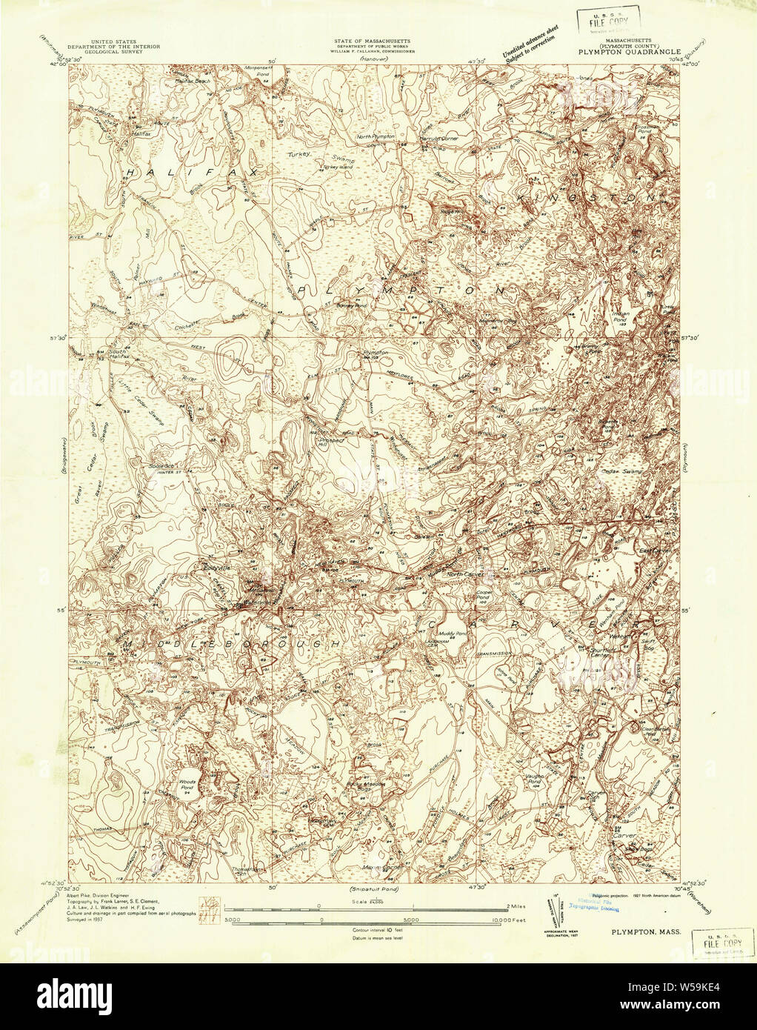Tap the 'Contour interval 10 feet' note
click(x=378, y=928)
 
